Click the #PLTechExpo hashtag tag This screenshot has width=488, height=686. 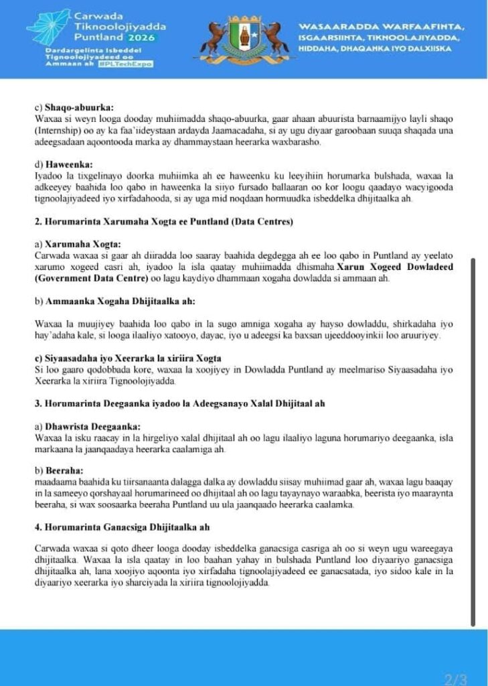pos(125,64)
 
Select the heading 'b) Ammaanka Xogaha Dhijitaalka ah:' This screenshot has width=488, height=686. pos(105,301)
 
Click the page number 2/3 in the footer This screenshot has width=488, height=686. pos(456,679)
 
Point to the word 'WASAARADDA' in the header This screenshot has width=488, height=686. pos(333,25)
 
